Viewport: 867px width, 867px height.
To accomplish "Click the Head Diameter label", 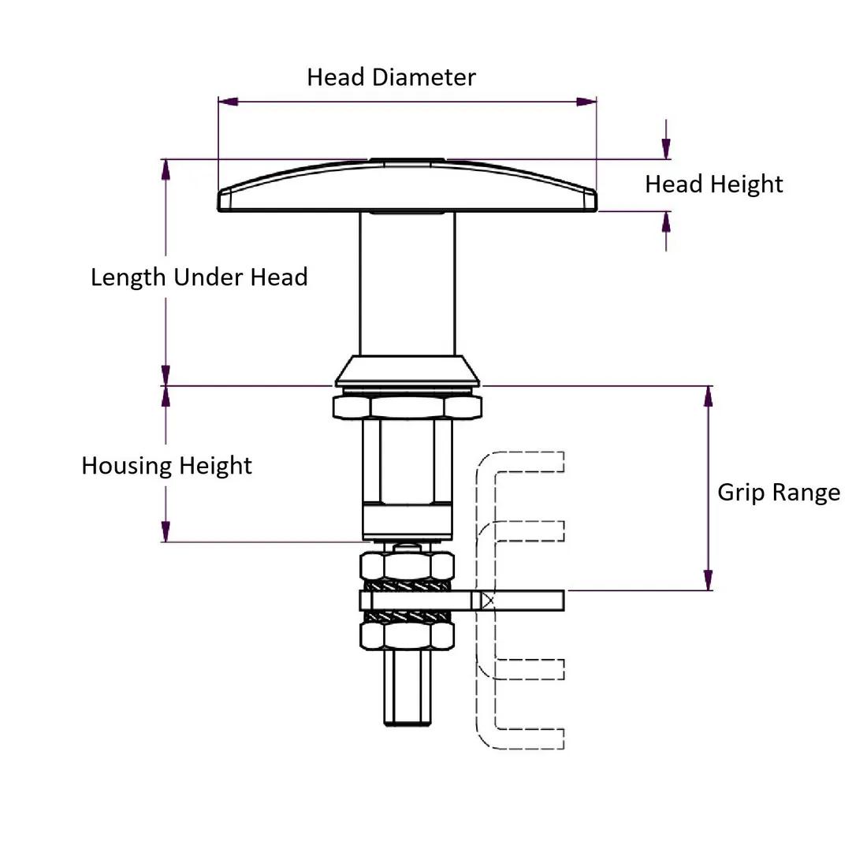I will (x=391, y=77).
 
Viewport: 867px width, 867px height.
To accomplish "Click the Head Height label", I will (x=713, y=184).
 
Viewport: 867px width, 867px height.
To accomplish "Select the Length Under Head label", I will (x=199, y=277).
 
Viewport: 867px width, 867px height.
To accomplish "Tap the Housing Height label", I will (x=166, y=465).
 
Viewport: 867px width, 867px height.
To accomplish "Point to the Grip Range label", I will (x=778, y=493).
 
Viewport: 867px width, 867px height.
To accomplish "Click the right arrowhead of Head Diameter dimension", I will (x=586, y=102).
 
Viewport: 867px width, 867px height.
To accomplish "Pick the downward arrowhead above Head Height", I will (x=667, y=148).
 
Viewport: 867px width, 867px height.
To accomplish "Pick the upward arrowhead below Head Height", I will (x=667, y=221).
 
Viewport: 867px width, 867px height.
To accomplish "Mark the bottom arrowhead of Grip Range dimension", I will (x=709, y=580).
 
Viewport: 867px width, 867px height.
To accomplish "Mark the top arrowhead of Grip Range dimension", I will (x=709, y=396).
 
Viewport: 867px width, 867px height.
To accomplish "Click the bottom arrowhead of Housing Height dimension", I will (x=166, y=531).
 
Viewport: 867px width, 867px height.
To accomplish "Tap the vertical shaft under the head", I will (x=407, y=284).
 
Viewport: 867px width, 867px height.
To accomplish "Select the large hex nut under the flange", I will (x=407, y=407).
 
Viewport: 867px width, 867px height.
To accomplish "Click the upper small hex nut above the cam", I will (x=407, y=566).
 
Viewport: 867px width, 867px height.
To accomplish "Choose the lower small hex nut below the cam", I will (x=407, y=634).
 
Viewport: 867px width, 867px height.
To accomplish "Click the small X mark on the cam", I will (x=488, y=601).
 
